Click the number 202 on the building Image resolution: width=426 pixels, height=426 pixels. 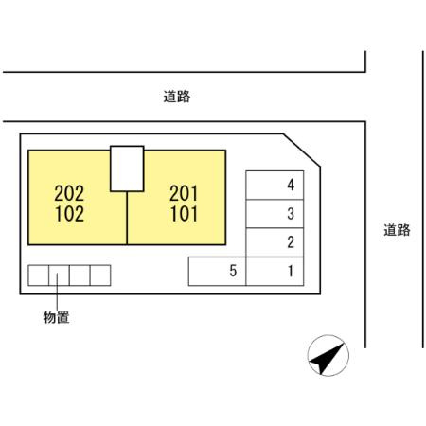pos(69,193)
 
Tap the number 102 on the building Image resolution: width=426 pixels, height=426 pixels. pos(69,214)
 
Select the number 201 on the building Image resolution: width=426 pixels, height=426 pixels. pos(184,193)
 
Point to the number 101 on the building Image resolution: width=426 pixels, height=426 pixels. pos(184,214)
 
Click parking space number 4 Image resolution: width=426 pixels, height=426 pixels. pos(275,186)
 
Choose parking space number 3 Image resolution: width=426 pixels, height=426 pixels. pos(275,214)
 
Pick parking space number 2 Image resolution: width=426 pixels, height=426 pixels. pos(275,242)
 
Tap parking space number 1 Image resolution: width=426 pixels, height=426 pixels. pos(275,272)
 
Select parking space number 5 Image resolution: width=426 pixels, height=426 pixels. pos(217,272)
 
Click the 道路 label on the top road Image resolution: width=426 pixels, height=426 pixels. pos(177,97)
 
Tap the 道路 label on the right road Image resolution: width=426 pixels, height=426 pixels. pos(397,230)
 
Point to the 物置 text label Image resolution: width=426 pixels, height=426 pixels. pos(56,317)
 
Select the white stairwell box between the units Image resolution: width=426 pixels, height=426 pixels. pos(127,169)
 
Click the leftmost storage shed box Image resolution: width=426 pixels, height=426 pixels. pos(39,275)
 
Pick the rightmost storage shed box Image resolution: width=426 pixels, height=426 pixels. pos(100,275)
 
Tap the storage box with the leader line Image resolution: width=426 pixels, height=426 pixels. pos(59,275)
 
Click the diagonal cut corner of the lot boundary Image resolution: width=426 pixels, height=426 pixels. pos(302,151)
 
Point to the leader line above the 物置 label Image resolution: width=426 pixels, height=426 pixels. pos(57,292)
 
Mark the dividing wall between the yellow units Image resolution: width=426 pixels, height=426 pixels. pos(127,218)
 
